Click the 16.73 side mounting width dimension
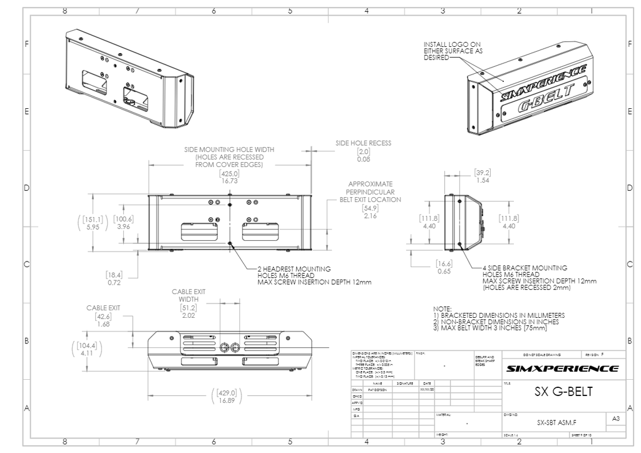tap(229, 180)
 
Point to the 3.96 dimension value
tap(123, 227)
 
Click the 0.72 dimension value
tap(115, 283)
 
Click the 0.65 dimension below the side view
tap(443, 272)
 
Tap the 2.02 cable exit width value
tap(188, 316)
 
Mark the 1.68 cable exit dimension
tap(103, 324)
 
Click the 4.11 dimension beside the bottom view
tap(87, 352)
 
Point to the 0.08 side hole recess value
tap(364, 160)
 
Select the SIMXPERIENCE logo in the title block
tap(563, 368)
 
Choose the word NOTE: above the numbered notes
tap(441, 309)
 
